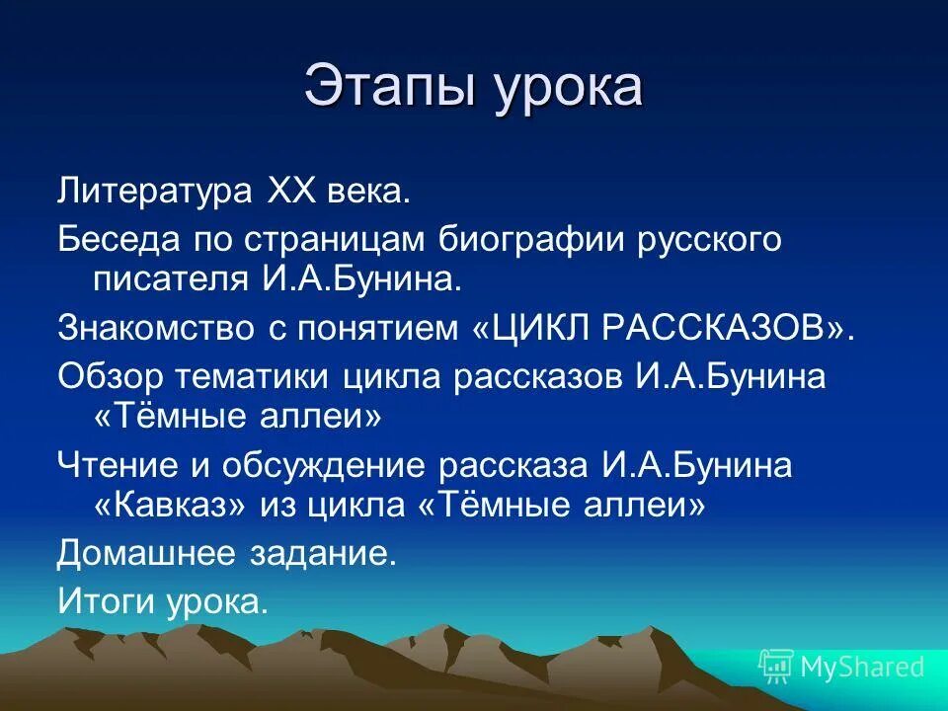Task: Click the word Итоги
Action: click(103, 601)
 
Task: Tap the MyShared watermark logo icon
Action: click(776, 667)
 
